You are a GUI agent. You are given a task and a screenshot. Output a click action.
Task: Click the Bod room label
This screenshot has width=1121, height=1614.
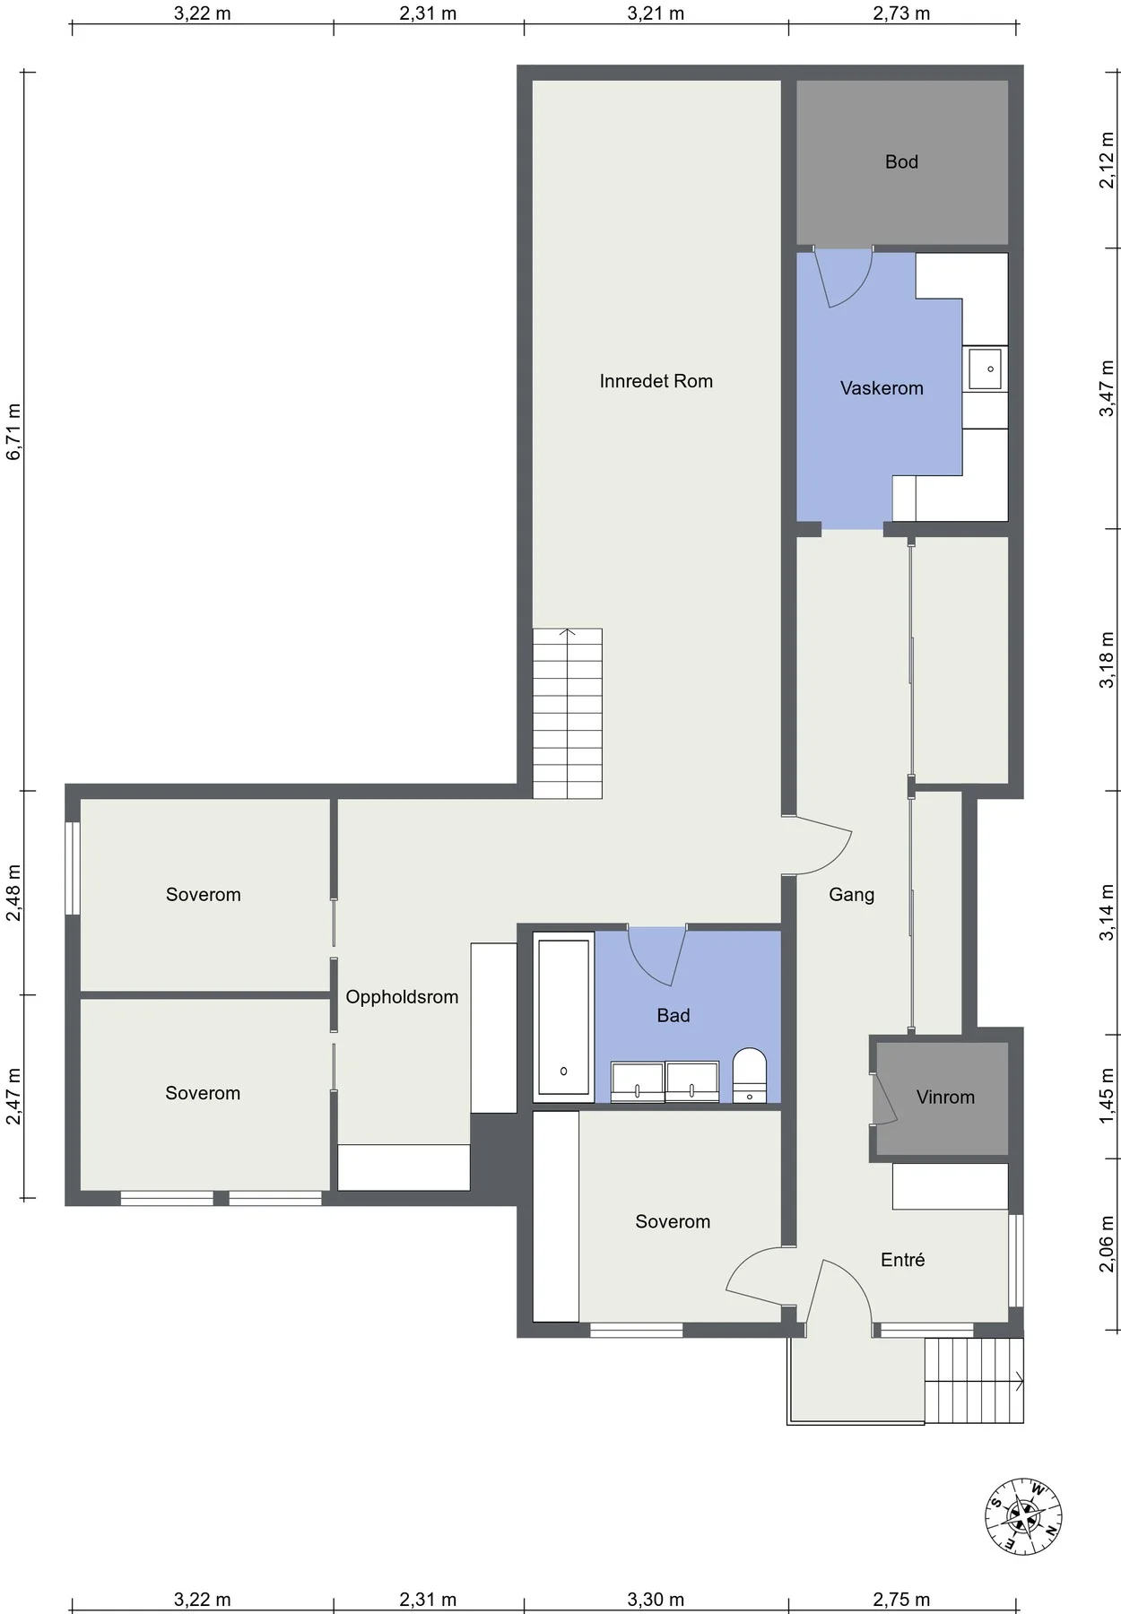tap(901, 161)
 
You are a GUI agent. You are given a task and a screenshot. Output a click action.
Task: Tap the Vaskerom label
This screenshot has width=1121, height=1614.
tap(882, 388)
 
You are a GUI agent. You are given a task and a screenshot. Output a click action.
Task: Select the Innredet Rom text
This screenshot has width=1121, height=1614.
tap(656, 381)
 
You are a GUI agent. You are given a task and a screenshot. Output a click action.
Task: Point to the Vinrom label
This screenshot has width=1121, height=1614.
tap(945, 1097)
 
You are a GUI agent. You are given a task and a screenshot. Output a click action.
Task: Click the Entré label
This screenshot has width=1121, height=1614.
tap(902, 1260)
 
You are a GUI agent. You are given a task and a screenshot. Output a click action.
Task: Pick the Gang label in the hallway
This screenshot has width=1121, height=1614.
tap(851, 894)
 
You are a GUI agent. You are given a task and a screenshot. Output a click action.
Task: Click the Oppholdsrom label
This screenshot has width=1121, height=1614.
tap(402, 997)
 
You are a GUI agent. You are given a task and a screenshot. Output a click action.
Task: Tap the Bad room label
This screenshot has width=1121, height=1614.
tap(673, 1015)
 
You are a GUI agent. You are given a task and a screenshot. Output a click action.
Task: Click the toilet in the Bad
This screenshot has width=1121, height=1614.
tap(750, 1075)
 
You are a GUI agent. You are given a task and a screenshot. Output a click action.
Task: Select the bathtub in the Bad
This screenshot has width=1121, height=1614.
tap(564, 1018)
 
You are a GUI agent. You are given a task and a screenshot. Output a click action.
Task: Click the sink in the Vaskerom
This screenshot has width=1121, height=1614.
tap(986, 369)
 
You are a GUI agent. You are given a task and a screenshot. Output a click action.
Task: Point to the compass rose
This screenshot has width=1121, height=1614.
tap(1023, 1516)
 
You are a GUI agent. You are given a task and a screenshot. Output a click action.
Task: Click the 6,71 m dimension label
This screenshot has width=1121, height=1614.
tap(13, 431)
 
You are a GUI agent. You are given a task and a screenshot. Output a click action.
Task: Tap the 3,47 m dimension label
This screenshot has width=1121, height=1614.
tap(1108, 388)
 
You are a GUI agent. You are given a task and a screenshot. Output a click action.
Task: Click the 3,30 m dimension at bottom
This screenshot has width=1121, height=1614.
tap(656, 1599)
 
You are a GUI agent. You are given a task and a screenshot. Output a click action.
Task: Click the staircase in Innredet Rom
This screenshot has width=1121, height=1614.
tap(568, 714)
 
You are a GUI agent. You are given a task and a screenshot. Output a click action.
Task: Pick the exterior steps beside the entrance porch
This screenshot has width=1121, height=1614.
tap(975, 1380)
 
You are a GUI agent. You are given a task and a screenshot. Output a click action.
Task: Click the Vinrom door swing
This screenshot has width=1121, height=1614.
tap(884, 1098)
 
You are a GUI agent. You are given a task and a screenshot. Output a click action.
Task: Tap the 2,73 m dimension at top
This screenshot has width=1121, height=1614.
tap(901, 13)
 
